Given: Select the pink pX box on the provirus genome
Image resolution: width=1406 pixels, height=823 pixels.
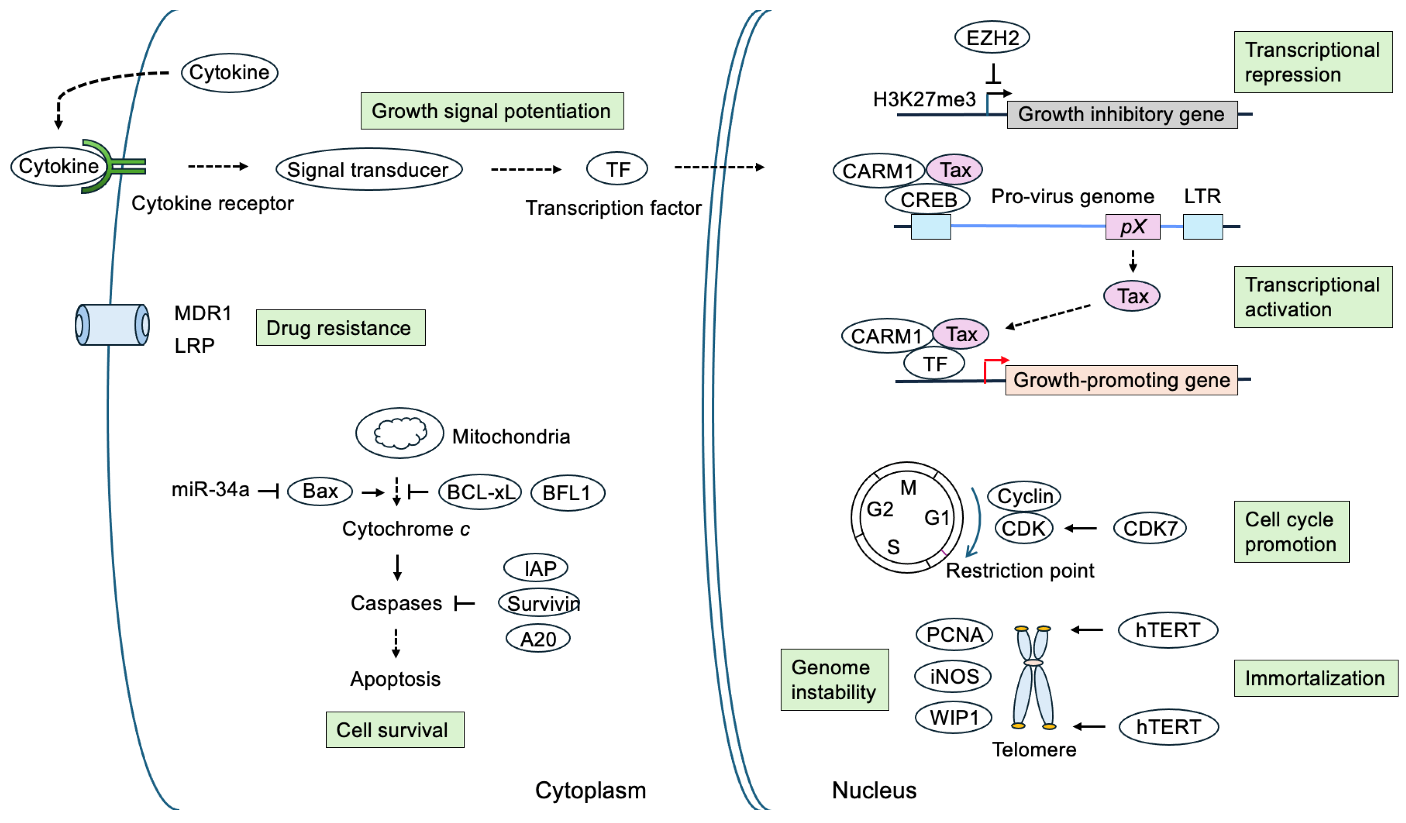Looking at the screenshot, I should (1132, 226).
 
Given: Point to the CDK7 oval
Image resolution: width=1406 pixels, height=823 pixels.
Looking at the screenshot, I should (1149, 528).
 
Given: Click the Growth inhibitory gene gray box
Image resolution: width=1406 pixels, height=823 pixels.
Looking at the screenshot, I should (1121, 114).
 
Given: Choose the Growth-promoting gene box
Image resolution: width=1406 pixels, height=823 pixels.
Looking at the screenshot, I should (1121, 380).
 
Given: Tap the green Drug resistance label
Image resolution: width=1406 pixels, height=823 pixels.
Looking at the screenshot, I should (340, 328).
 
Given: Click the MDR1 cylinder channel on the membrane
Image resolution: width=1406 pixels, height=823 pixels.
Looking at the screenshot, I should (112, 325).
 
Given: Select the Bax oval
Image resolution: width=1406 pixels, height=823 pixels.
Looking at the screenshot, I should (320, 491).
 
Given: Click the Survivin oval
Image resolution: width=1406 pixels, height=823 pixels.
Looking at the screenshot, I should (539, 603).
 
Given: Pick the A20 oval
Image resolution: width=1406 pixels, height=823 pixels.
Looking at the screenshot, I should (537, 639).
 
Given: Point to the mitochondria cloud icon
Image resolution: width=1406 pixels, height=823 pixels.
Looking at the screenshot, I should (399, 433).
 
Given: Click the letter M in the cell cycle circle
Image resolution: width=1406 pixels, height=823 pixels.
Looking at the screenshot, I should (908, 488).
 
